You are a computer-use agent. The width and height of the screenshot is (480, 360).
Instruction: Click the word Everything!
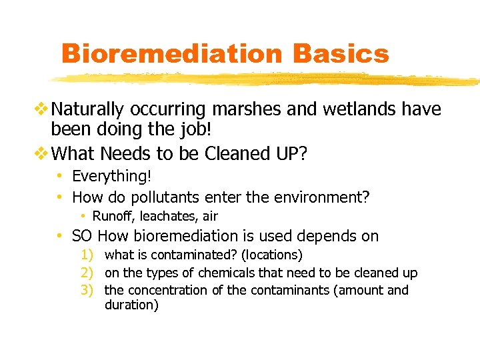click(x=111, y=177)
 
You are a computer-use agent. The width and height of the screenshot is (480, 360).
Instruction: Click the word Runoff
click(x=112, y=216)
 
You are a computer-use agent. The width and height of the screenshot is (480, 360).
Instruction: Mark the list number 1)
click(x=88, y=255)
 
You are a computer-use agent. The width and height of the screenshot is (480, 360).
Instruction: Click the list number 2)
click(x=88, y=273)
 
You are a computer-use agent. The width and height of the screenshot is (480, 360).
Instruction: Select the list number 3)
click(x=88, y=290)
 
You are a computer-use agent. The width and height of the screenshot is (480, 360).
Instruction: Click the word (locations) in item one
click(x=272, y=255)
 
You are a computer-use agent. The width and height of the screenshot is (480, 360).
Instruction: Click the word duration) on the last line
click(x=131, y=306)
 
